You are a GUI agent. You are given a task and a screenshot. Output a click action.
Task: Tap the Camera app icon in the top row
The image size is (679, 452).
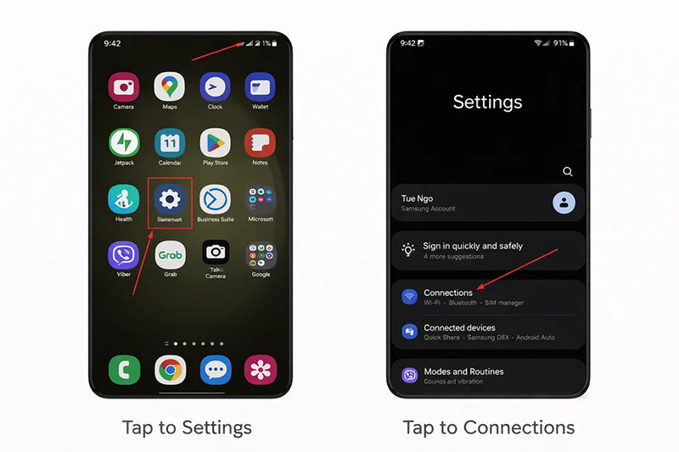pos(124,86)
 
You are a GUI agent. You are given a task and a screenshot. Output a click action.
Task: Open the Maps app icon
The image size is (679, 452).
pos(170,86)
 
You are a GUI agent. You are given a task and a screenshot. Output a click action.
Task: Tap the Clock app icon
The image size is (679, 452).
pos(215,86)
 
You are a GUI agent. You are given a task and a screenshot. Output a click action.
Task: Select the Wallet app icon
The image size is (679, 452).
pos(260,86)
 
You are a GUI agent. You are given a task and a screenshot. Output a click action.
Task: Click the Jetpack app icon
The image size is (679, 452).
pos(124,142)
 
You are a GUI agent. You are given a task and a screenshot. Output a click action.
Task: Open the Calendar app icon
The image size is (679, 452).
pos(170,142)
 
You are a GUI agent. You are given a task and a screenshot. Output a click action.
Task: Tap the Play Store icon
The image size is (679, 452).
pos(215,142)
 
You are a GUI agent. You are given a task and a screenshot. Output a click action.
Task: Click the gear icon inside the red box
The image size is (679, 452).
pos(170,199)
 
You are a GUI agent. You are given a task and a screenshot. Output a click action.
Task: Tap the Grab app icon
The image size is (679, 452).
pos(170,254)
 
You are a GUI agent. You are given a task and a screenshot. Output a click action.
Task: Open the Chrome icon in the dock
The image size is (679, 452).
pos(170,370)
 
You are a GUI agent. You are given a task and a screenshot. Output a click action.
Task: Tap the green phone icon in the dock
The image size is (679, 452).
pos(124,370)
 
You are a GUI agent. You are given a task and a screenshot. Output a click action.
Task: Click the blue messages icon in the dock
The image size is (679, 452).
pos(216,370)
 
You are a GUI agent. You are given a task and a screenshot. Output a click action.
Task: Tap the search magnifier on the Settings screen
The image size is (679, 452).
pos(568,171)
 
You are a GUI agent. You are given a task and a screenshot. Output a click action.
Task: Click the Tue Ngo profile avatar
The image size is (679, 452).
pos(564,203)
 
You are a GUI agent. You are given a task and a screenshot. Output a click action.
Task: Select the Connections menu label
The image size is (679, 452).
pos(448,293)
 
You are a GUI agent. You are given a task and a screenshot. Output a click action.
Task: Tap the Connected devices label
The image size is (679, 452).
pos(459,327)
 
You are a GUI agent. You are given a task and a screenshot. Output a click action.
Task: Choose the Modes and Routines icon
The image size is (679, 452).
pos(409,375)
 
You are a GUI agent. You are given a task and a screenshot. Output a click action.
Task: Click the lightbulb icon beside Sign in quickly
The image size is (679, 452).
pos(409,250)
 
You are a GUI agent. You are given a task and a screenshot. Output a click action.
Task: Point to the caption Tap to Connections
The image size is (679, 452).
pos(488,427)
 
